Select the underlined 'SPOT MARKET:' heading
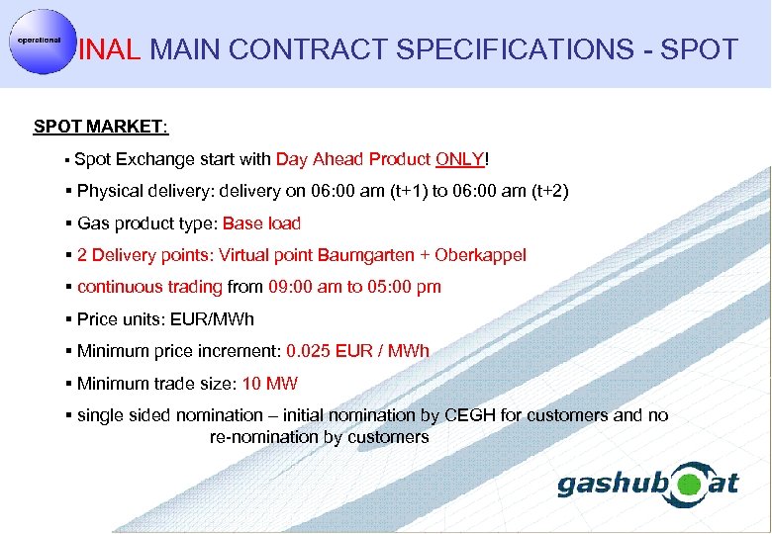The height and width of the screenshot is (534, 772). click(101, 127)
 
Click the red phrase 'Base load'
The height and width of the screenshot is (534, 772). click(262, 223)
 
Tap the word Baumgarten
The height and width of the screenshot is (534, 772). click(364, 255)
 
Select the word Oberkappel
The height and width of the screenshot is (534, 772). click(480, 255)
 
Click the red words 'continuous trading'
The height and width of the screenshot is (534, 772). click(149, 287)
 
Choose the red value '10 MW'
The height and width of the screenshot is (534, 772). click(270, 384)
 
